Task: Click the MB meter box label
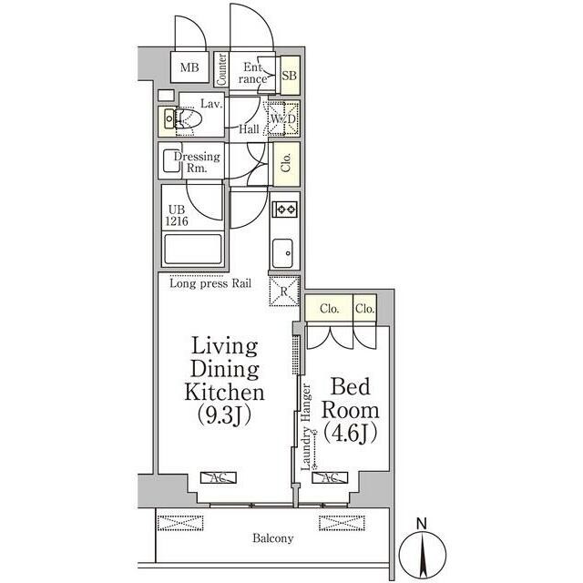click(x=189, y=67)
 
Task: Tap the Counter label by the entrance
click(x=221, y=69)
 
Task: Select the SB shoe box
click(x=290, y=76)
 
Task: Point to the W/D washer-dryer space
click(x=283, y=118)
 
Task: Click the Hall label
click(x=249, y=129)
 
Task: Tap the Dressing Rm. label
click(x=197, y=162)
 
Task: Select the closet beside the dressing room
click(x=286, y=164)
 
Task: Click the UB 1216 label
click(x=177, y=215)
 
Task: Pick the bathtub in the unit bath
click(x=193, y=249)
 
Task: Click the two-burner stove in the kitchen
click(x=285, y=210)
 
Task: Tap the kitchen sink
click(x=282, y=253)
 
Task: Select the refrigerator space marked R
click(x=284, y=291)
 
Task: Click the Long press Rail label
click(x=210, y=283)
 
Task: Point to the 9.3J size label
click(x=224, y=415)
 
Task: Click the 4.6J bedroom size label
click(x=350, y=433)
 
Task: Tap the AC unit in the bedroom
click(x=330, y=477)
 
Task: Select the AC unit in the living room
click(x=219, y=477)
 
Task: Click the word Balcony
click(x=273, y=538)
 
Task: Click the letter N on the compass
click(x=421, y=525)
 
